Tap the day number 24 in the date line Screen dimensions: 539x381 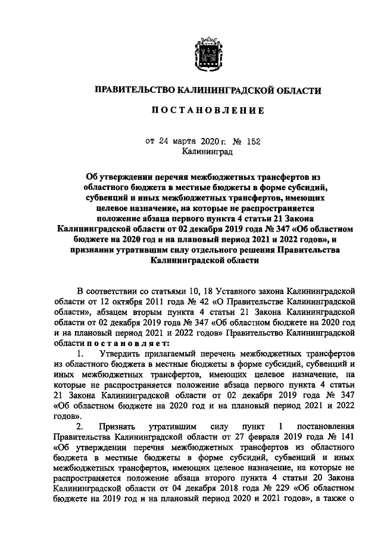tap(164, 141)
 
